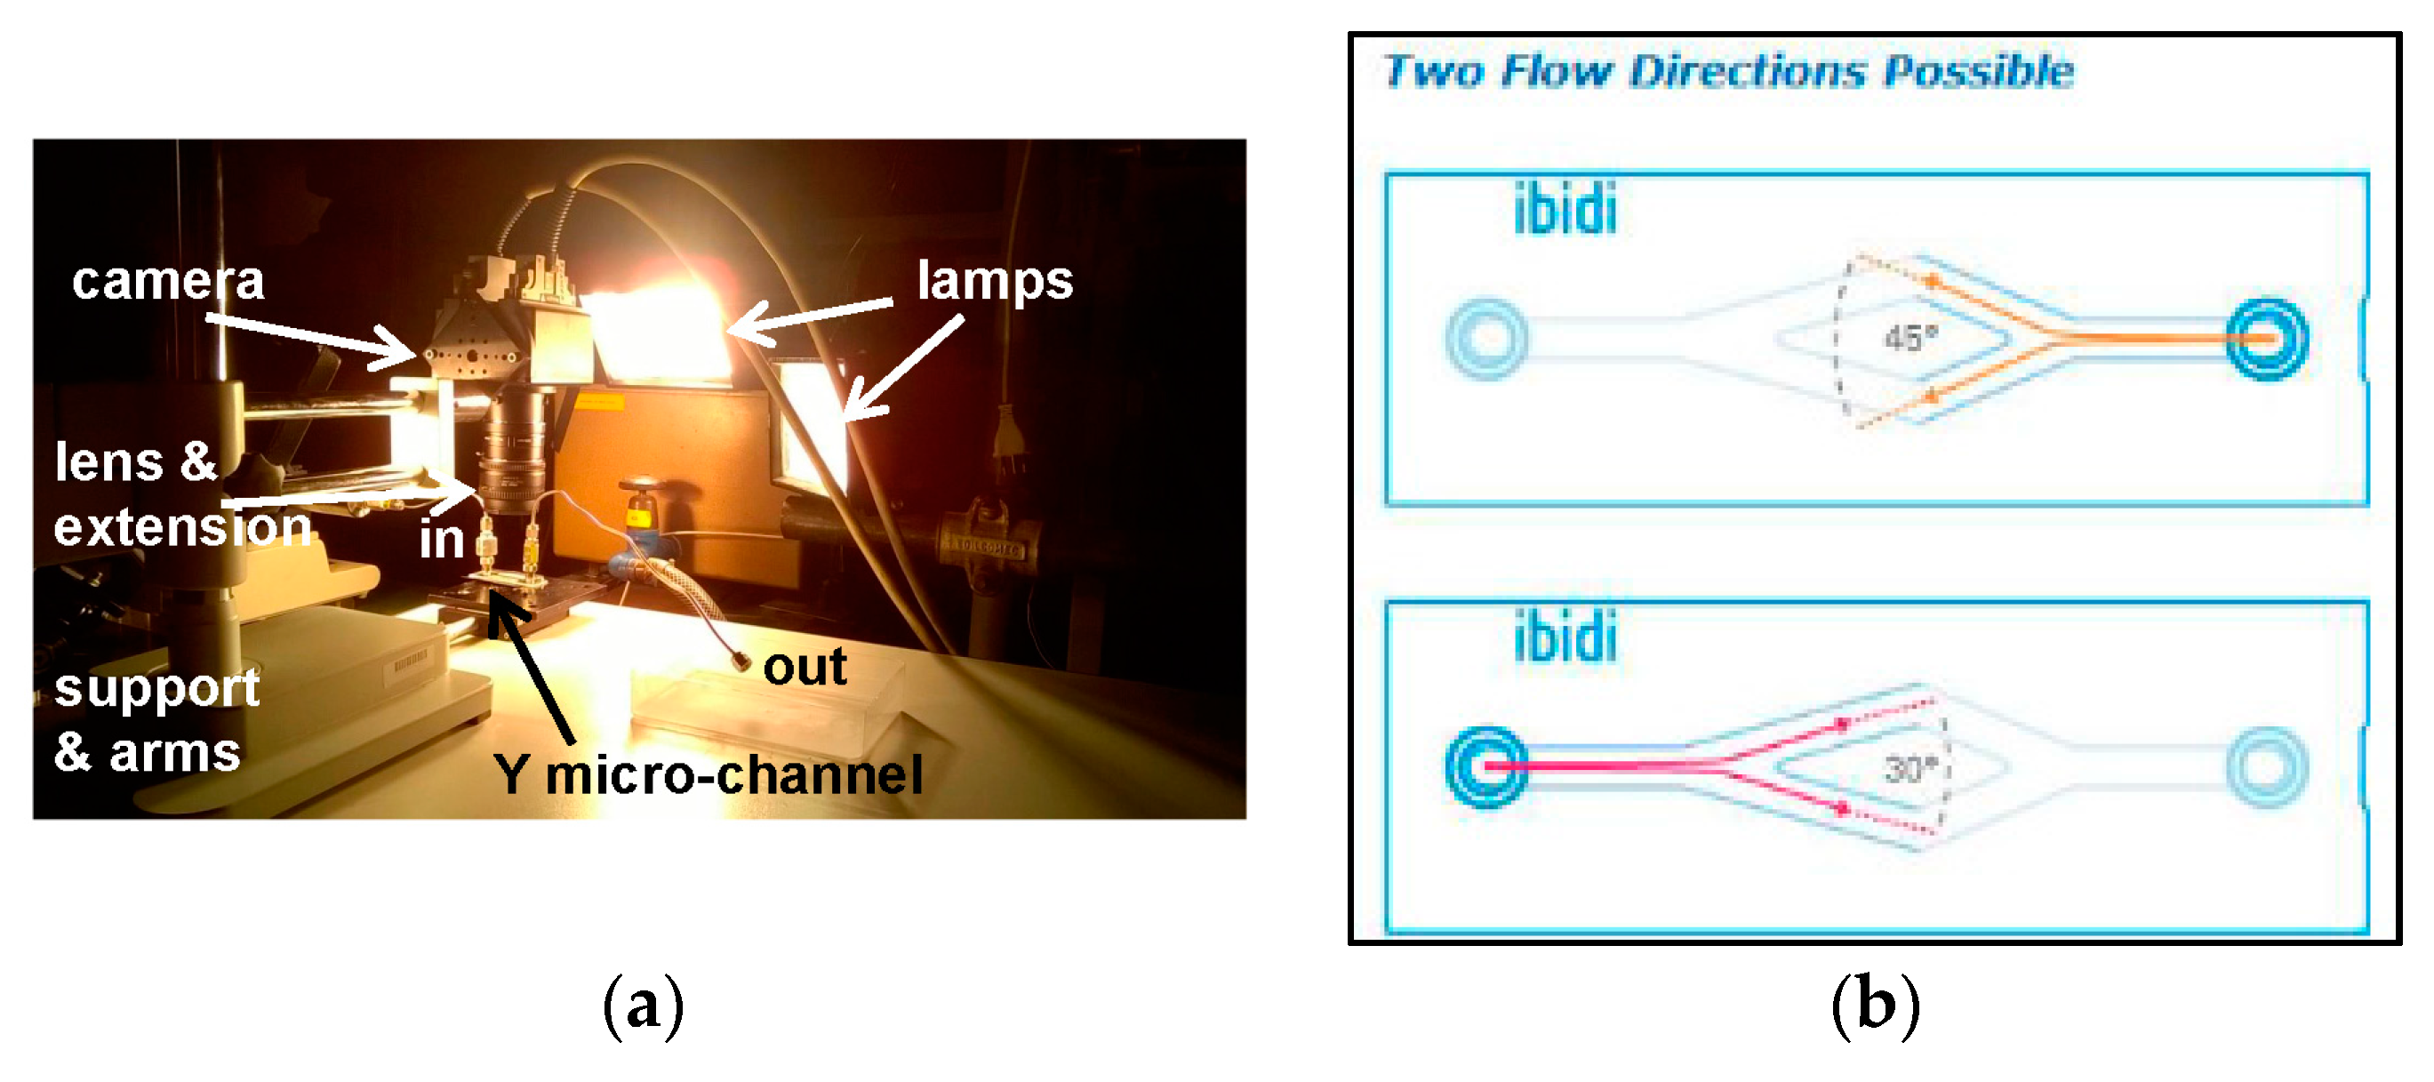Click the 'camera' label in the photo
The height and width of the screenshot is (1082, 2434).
pos(168,281)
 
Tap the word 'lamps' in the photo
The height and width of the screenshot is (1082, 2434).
pos(995,281)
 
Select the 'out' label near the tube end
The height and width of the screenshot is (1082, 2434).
pos(805,667)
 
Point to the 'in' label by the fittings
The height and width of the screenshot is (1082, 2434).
pos(442,540)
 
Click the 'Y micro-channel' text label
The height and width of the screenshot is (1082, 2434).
pos(708,775)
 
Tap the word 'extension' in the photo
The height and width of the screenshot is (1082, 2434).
pos(182,527)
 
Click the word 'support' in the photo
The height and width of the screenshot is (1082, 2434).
pos(156,688)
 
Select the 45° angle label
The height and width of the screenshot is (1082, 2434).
pos(1910,337)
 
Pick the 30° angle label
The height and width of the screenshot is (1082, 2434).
pos(1910,769)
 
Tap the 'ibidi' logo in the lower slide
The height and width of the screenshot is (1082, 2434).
pos(1565,637)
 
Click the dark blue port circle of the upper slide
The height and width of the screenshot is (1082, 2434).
pos(2267,340)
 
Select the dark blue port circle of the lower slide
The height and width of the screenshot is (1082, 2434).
pos(1486,767)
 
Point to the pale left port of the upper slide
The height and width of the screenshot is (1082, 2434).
pos(1486,340)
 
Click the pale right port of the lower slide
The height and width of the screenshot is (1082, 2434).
pos(2267,767)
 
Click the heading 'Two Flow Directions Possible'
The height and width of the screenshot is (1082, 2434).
pos(1728,71)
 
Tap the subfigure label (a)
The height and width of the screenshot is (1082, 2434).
pos(643,1005)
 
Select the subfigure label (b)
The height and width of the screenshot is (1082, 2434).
pos(1875,1005)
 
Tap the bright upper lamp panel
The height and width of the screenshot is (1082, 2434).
pos(660,333)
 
